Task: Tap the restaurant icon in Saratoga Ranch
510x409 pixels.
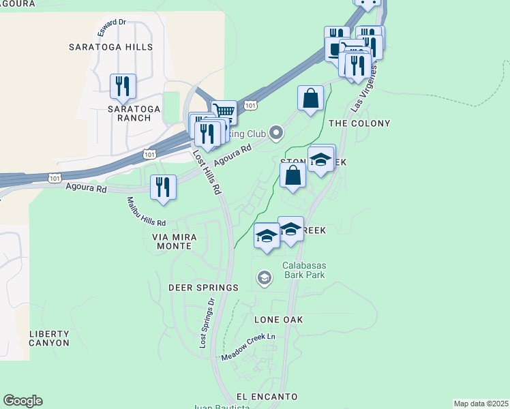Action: coord(123,86)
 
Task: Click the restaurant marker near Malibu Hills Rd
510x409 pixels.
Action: coord(163,187)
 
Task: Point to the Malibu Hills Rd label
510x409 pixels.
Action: coord(147,212)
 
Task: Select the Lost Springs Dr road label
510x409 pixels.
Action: coord(207,323)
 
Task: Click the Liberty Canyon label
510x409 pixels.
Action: coord(49,338)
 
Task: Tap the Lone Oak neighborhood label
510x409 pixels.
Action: coord(278,319)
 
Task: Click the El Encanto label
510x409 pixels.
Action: coord(267,396)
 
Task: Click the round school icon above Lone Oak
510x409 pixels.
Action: coord(264,277)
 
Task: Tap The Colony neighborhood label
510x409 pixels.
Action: coord(359,123)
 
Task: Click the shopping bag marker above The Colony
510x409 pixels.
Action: coord(310,98)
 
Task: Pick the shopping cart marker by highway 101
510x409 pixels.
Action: coord(223,111)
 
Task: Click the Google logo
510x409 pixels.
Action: coord(22,401)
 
